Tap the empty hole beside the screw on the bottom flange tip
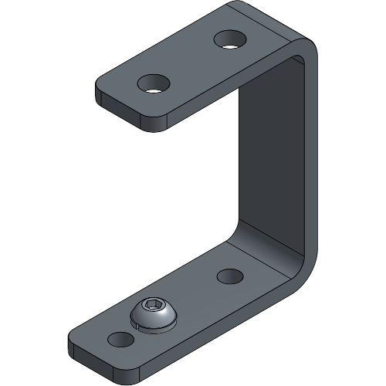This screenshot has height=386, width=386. tap(118, 338)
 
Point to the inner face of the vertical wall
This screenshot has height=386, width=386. tap(270, 162)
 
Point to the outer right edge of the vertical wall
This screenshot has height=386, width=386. tap(313, 154)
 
